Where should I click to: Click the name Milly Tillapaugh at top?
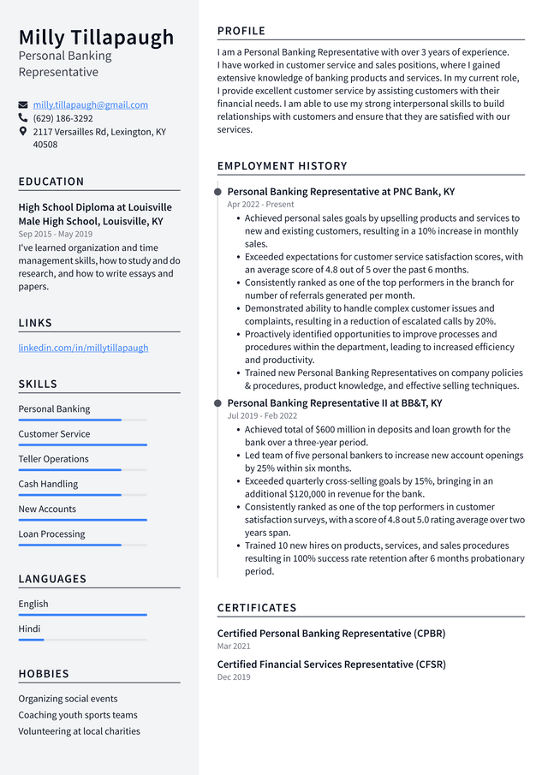coord(96,38)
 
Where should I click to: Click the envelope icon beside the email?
coord(23,104)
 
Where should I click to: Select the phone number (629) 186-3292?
coord(63,118)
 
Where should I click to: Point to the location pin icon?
coord(23,132)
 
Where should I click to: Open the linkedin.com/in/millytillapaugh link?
coord(83,348)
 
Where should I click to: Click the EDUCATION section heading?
coord(51,182)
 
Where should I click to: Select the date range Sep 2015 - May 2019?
coord(55,234)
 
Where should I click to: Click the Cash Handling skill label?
coord(48,484)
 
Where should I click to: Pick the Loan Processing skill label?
coord(51,534)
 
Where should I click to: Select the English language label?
coord(33,604)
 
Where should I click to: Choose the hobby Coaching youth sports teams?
coord(78,715)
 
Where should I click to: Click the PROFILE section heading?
coord(241,31)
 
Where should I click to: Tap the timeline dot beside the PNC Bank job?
coord(218,192)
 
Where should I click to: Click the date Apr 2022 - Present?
coord(260,205)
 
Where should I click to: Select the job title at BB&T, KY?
coord(334,402)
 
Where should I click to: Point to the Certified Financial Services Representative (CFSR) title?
coord(331,664)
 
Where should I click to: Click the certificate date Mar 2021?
coord(234,647)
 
